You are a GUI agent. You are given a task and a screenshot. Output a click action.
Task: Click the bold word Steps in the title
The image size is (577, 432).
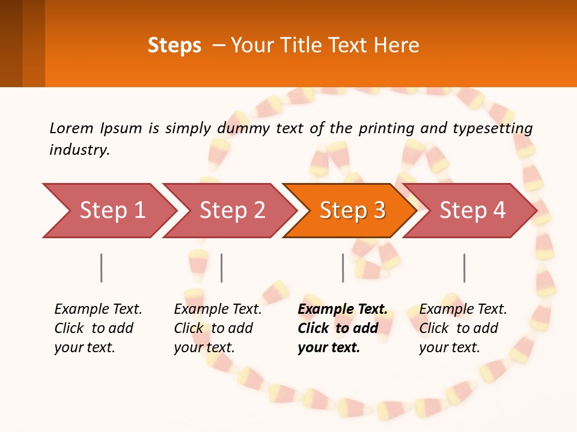click(174, 46)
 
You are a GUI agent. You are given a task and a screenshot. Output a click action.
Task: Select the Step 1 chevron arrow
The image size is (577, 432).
click(108, 211)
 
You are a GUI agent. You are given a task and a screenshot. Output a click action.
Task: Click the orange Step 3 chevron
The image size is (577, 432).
click(349, 211)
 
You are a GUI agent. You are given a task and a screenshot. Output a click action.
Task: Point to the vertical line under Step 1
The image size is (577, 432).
click(102, 268)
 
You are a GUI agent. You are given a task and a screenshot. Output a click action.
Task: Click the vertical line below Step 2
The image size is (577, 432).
click(222, 268)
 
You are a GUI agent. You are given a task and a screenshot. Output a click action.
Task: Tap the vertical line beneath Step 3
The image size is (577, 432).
click(343, 268)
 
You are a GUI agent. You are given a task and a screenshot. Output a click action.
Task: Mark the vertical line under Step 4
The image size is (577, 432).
click(465, 268)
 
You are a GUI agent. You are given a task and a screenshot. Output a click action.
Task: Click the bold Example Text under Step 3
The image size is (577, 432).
click(343, 310)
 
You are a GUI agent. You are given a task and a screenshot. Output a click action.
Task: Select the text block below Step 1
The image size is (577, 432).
click(98, 328)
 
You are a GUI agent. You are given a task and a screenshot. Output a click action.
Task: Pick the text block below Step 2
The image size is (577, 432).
click(218, 328)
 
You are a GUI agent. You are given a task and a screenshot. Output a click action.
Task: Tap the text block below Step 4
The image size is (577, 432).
click(463, 328)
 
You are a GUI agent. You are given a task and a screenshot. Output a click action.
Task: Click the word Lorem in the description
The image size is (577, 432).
click(72, 128)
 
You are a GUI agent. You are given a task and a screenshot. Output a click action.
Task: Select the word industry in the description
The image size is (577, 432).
click(79, 150)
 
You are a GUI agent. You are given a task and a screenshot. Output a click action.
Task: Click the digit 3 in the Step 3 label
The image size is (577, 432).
click(379, 211)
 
